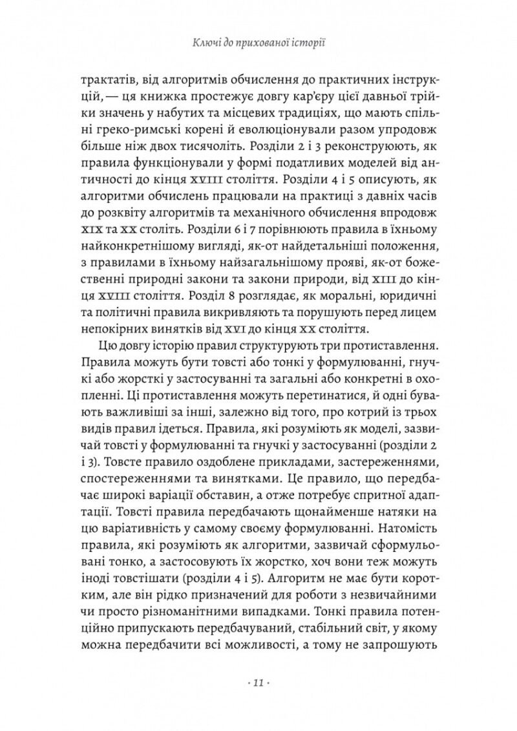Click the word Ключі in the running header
point(206,43)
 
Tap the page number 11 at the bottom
point(258,683)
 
